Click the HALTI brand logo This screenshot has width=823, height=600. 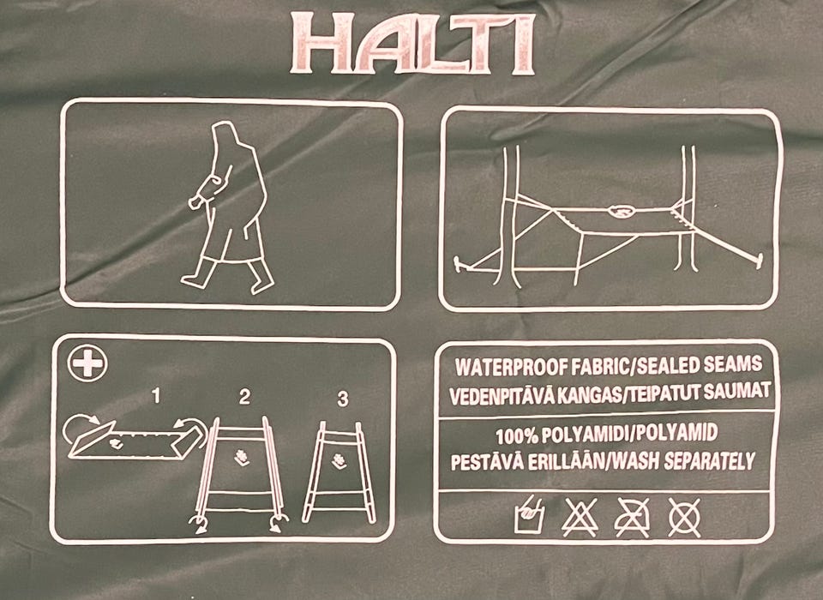[413, 44]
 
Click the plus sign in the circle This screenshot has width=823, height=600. [87, 363]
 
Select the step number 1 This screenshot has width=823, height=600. [155, 395]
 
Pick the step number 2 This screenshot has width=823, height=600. [244, 397]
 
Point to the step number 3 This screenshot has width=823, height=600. [343, 399]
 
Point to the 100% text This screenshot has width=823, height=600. [517, 435]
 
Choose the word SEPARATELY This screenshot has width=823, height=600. [709, 460]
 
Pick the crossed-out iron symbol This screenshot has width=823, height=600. [632, 517]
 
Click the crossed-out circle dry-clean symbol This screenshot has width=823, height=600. [684, 517]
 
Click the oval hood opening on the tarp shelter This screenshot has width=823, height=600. [621, 211]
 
